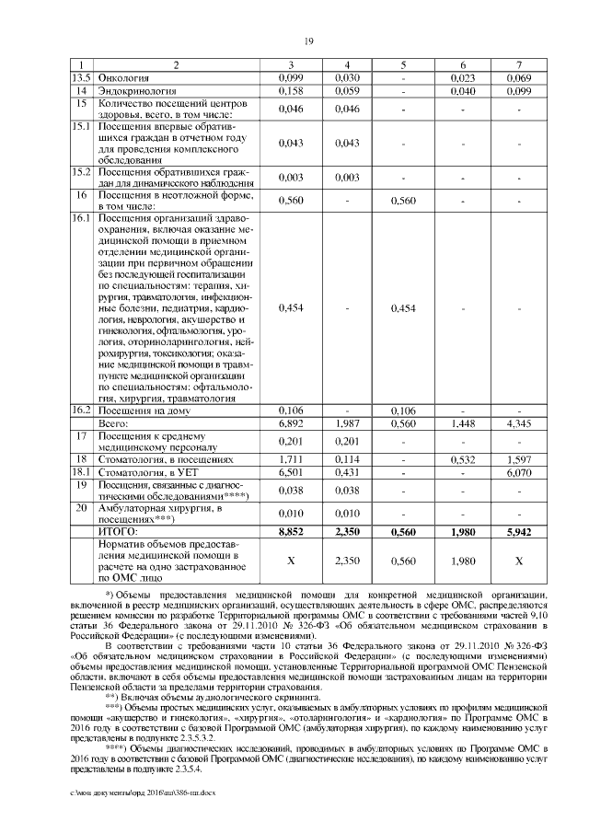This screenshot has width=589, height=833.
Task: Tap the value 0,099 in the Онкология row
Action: [290, 80]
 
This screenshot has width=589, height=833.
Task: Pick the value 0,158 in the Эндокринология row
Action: [290, 92]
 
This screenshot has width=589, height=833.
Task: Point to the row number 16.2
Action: [80, 410]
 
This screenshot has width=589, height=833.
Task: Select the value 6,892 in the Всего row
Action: [290, 422]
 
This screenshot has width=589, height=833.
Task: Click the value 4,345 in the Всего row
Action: [518, 422]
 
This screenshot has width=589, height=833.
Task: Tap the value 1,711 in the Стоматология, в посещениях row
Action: [290, 458]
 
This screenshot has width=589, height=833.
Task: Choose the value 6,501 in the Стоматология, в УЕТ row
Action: [290, 471]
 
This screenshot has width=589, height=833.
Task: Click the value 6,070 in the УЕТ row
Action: [518, 471]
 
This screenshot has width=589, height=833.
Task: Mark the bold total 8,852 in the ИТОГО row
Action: [290, 531]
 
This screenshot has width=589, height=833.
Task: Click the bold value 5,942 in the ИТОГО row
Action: [518, 531]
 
